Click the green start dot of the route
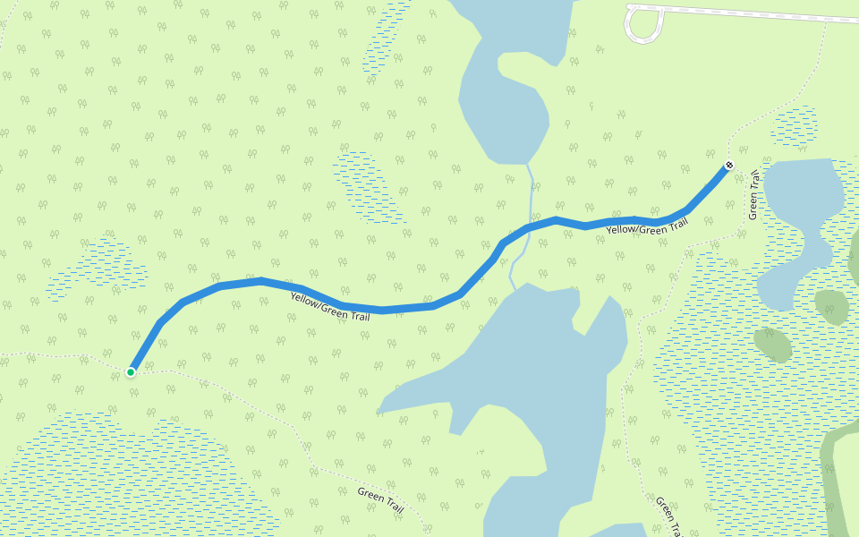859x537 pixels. (131, 371)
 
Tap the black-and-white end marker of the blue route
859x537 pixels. (729, 166)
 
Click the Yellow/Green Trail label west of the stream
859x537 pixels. (329, 305)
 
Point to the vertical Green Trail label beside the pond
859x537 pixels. (753, 194)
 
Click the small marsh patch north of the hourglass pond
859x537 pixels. (794, 126)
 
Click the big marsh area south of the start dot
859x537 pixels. (134, 474)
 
